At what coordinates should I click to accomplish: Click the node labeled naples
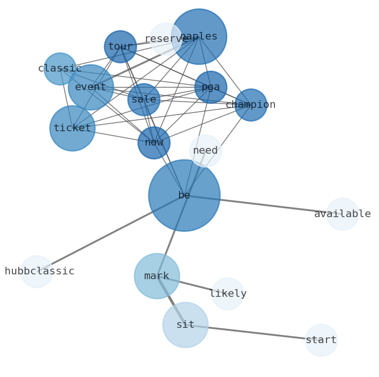click(x=199, y=37)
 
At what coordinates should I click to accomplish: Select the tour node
click(x=120, y=47)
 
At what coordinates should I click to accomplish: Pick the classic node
click(x=60, y=69)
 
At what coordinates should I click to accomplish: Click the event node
click(x=91, y=87)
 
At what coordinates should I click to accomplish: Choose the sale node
click(x=144, y=100)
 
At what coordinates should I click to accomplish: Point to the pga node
click(x=211, y=87)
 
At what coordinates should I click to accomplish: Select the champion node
click(x=251, y=105)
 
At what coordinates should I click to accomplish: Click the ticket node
click(x=73, y=128)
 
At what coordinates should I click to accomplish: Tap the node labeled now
click(x=154, y=143)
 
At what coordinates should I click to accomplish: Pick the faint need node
click(x=205, y=151)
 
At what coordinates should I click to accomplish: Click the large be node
click(x=184, y=196)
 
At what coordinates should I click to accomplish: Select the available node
click(x=342, y=214)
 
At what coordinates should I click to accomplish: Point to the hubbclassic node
click(x=37, y=272)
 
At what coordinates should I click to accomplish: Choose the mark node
click(x=157, y=276)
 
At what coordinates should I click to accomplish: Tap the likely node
click(x=228, y=294)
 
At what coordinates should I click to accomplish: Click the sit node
click(x=185, y=325)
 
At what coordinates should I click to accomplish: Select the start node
click(x=321, y=340)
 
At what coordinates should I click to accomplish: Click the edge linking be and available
click(x=263, y=205)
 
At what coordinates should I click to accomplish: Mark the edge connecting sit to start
click(x=253, y=333)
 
